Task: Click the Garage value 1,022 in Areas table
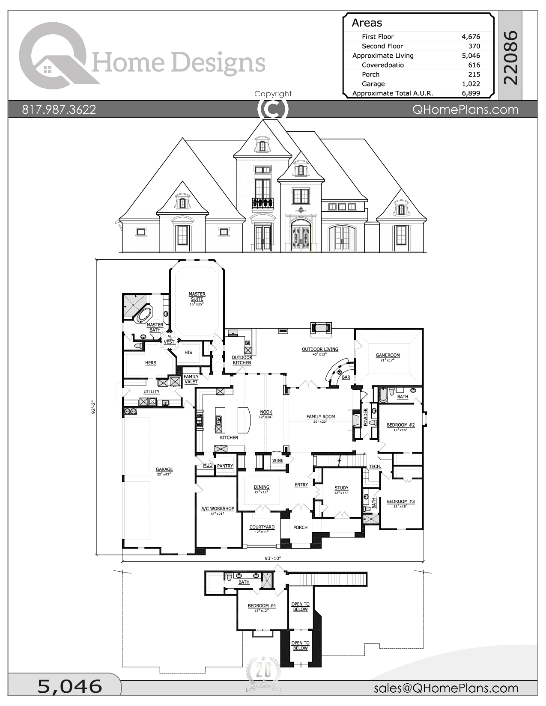pos(471,84)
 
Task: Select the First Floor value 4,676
pos(471,37)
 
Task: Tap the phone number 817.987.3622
pos(59,110)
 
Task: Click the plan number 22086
pos(511,57)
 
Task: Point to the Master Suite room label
pos(197,297)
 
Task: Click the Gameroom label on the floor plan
pos(388,355)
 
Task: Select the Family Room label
pos(320,417)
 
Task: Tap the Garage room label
pos(164,469)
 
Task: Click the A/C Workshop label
pos(218,509)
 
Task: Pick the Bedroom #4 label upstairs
pos(262,606)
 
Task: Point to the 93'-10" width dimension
pos(273,558)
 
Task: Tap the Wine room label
pos(277,461)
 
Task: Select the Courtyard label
pos(262,527)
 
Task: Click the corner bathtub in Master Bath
pos(143,315)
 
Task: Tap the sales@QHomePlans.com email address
pos(446,688)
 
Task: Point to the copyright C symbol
pos(273,109)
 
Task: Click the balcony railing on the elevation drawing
pos(263,202)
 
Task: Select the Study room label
pos(341,488)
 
